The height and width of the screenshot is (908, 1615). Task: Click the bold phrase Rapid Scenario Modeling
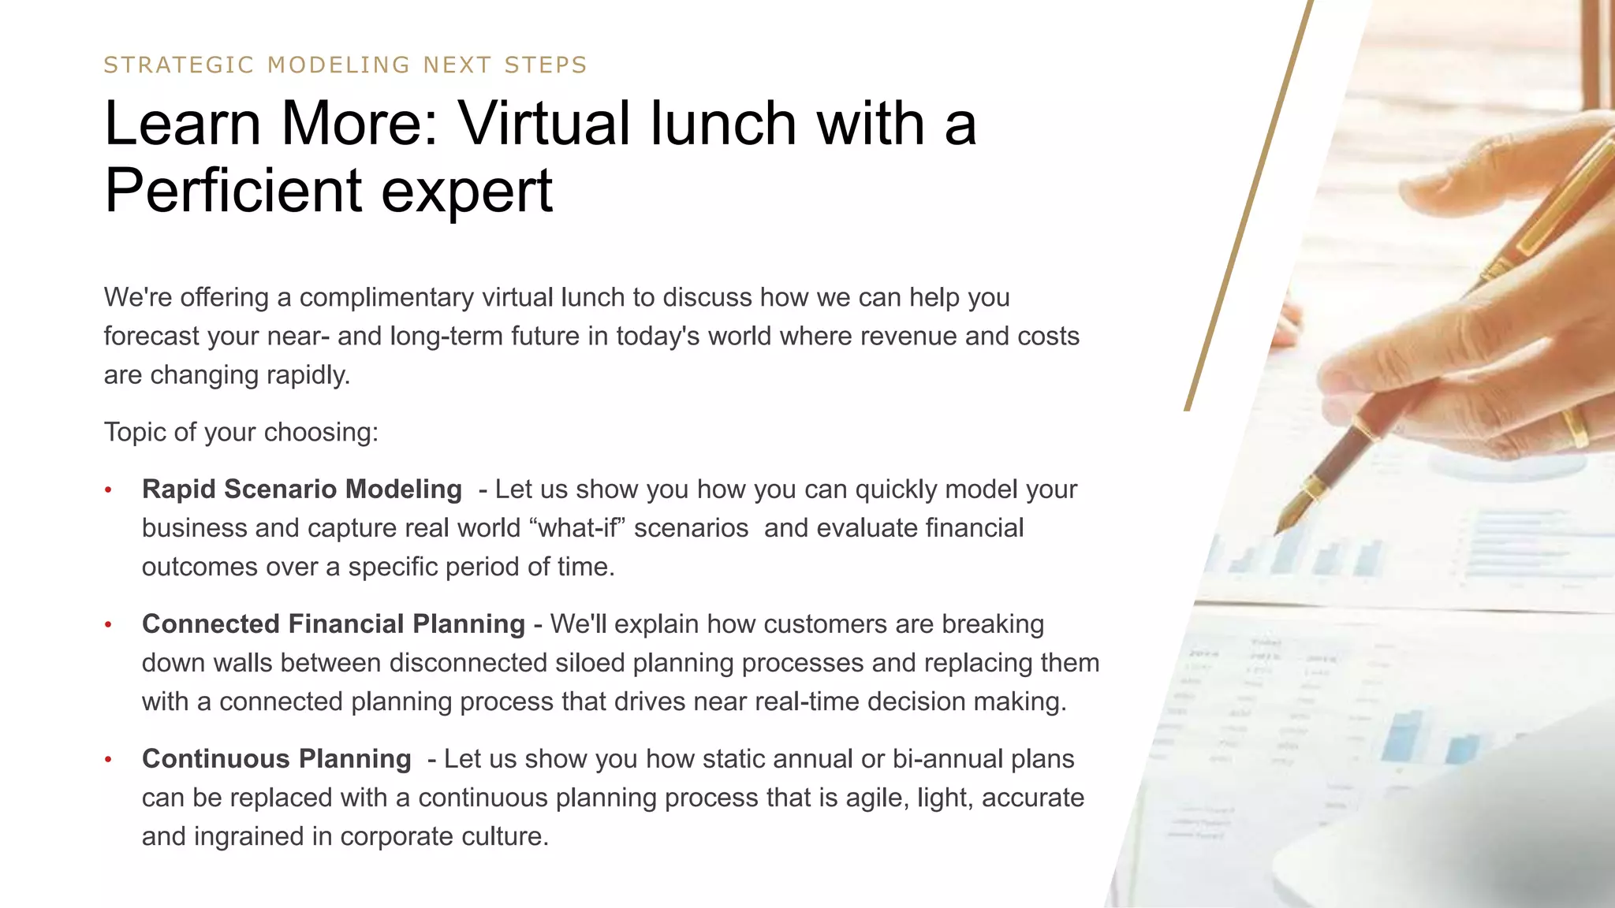[301, 489]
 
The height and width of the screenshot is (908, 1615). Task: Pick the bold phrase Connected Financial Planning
[333, 624]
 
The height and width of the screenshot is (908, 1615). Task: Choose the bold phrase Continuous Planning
[276, 759]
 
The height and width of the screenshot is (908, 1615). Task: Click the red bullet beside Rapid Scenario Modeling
[109, 490]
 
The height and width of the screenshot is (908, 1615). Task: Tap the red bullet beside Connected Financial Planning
[109, 625]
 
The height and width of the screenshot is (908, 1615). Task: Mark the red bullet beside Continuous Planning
[109, 760]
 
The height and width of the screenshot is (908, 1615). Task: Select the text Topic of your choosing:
[241, 432]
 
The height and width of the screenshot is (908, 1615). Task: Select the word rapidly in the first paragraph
[308, 375]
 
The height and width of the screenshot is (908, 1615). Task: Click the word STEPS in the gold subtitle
[546, 65]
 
